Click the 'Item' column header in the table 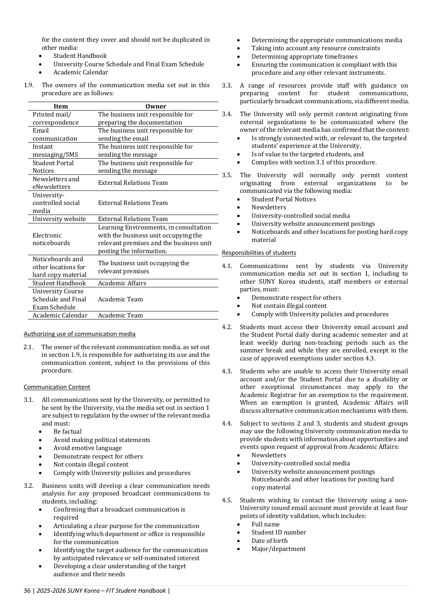tap(61, 106)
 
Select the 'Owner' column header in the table tap(156, 106)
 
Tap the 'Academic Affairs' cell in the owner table tap(122, 283)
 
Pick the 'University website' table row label tap(59, 219)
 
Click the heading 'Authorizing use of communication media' tap(80, 334)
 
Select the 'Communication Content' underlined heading tap(57, 387)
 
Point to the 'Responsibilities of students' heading tap(259, 253)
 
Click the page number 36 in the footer tap(27, 591)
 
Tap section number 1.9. tap(29, 85)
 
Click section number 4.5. tap(227, 500)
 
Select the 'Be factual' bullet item tap(68, 432)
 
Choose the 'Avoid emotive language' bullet tap(88, 448)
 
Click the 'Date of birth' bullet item tap(270, 541)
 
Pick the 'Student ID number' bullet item tap(279, 532)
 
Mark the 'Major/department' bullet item tap(278, 549)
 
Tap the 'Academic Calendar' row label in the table tap(60, 315)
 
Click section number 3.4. tap(227, 114)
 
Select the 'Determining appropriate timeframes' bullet tap(305, 57)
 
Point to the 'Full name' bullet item tap(266, 524)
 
